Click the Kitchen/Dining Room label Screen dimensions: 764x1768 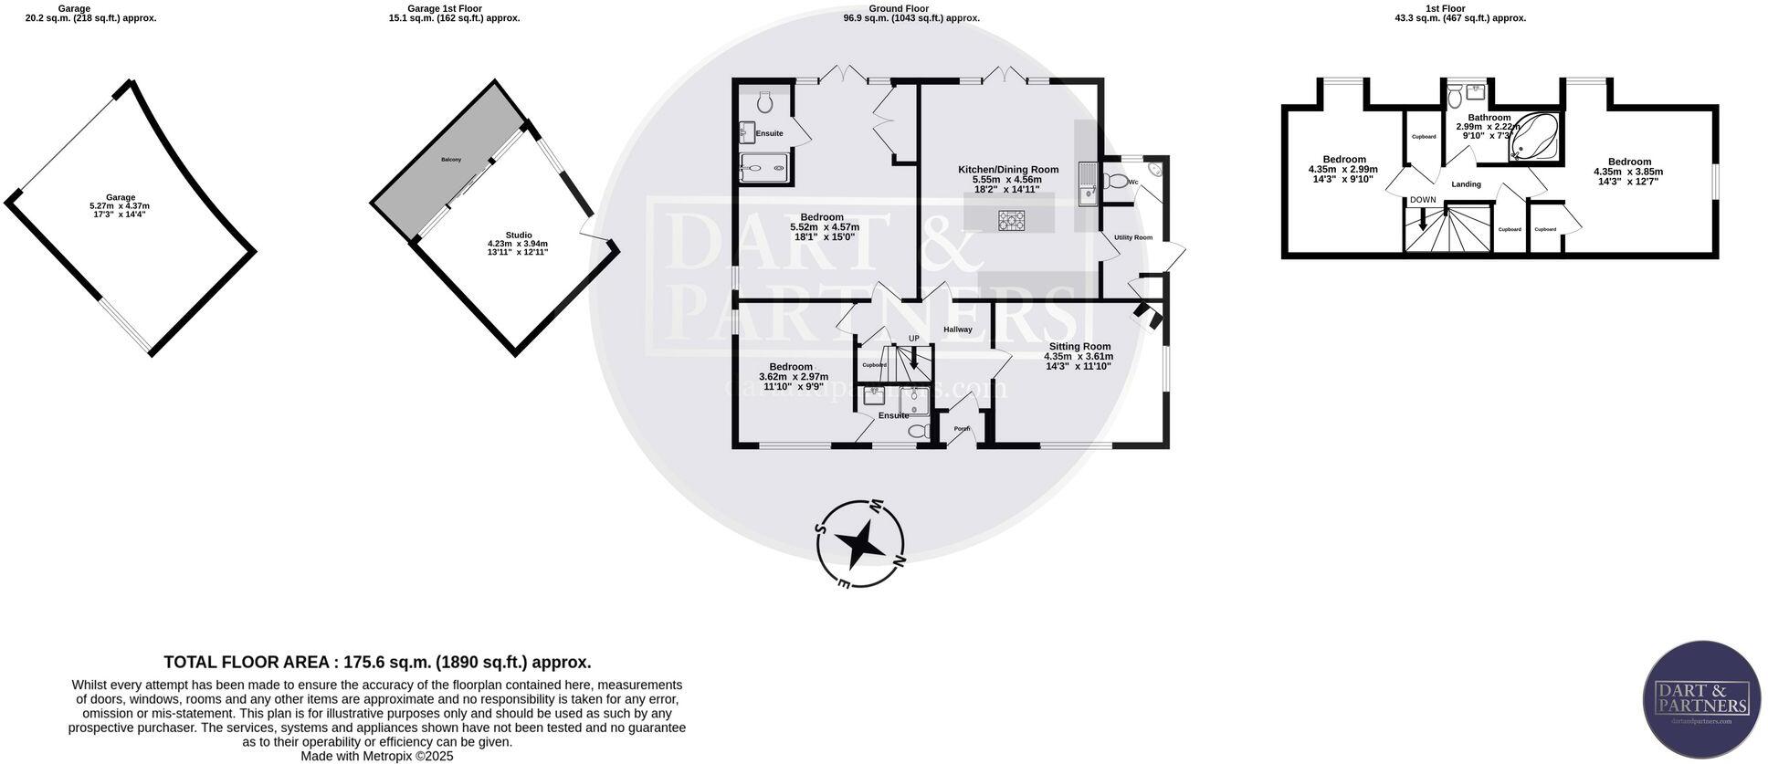point(1007,170)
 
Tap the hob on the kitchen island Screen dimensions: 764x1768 point(1012,220)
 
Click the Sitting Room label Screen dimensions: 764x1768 point(1079,347)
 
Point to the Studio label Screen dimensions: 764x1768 point(518,235)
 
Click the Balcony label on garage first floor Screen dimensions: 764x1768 point(451,160)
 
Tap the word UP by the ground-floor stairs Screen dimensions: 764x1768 point(913,339)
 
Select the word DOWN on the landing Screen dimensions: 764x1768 point(1422,200)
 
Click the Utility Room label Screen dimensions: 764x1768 point(1132,237)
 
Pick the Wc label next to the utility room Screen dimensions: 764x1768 point(1132,183)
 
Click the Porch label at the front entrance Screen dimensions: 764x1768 point(962,428)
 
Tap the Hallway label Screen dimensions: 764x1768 point(957,330)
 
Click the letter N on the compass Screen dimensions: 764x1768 point(899,560)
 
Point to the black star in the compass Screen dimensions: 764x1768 point(860,543)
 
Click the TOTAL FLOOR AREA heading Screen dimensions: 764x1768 point(377,663)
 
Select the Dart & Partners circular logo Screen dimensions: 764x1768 point(1701,698)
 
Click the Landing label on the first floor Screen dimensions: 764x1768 point(1466,184)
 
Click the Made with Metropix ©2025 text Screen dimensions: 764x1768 point(377,757)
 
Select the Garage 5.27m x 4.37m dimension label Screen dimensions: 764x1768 point(120,206)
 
